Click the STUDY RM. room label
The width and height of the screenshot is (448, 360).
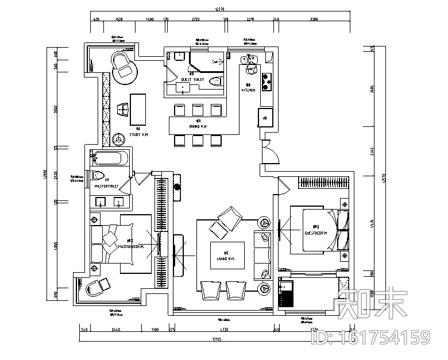coord(138,134)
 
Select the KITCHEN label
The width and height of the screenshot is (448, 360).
coord(248,90)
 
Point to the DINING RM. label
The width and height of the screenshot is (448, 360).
coord(197,126)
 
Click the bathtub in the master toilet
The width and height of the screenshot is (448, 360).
coord(111,158)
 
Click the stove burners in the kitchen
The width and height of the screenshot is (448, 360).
coord(266,82)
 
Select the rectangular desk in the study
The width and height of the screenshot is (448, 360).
coord(138,108)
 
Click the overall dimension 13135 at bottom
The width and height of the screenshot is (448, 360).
coord(217,339)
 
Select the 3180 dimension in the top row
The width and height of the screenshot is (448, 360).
coord(314,20)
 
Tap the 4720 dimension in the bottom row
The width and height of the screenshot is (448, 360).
coord(221,330)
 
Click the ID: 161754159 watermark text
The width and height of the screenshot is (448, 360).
coord(370,336)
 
